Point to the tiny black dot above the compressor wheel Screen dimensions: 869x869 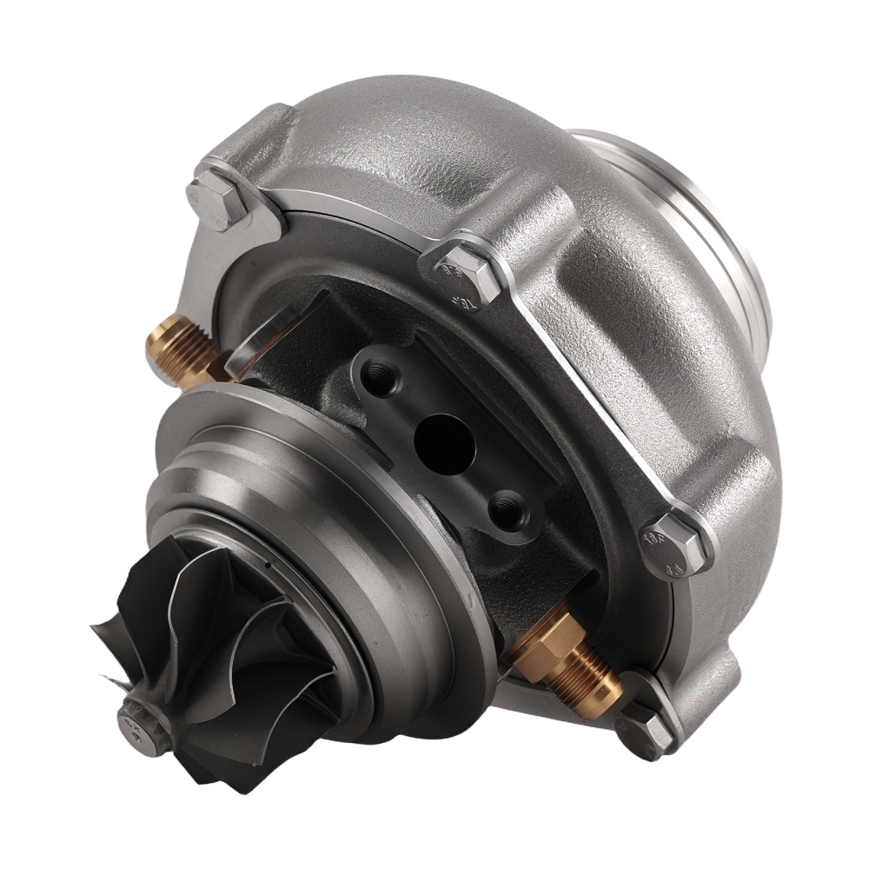(269, 567)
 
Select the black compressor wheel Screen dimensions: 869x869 (217, 660)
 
